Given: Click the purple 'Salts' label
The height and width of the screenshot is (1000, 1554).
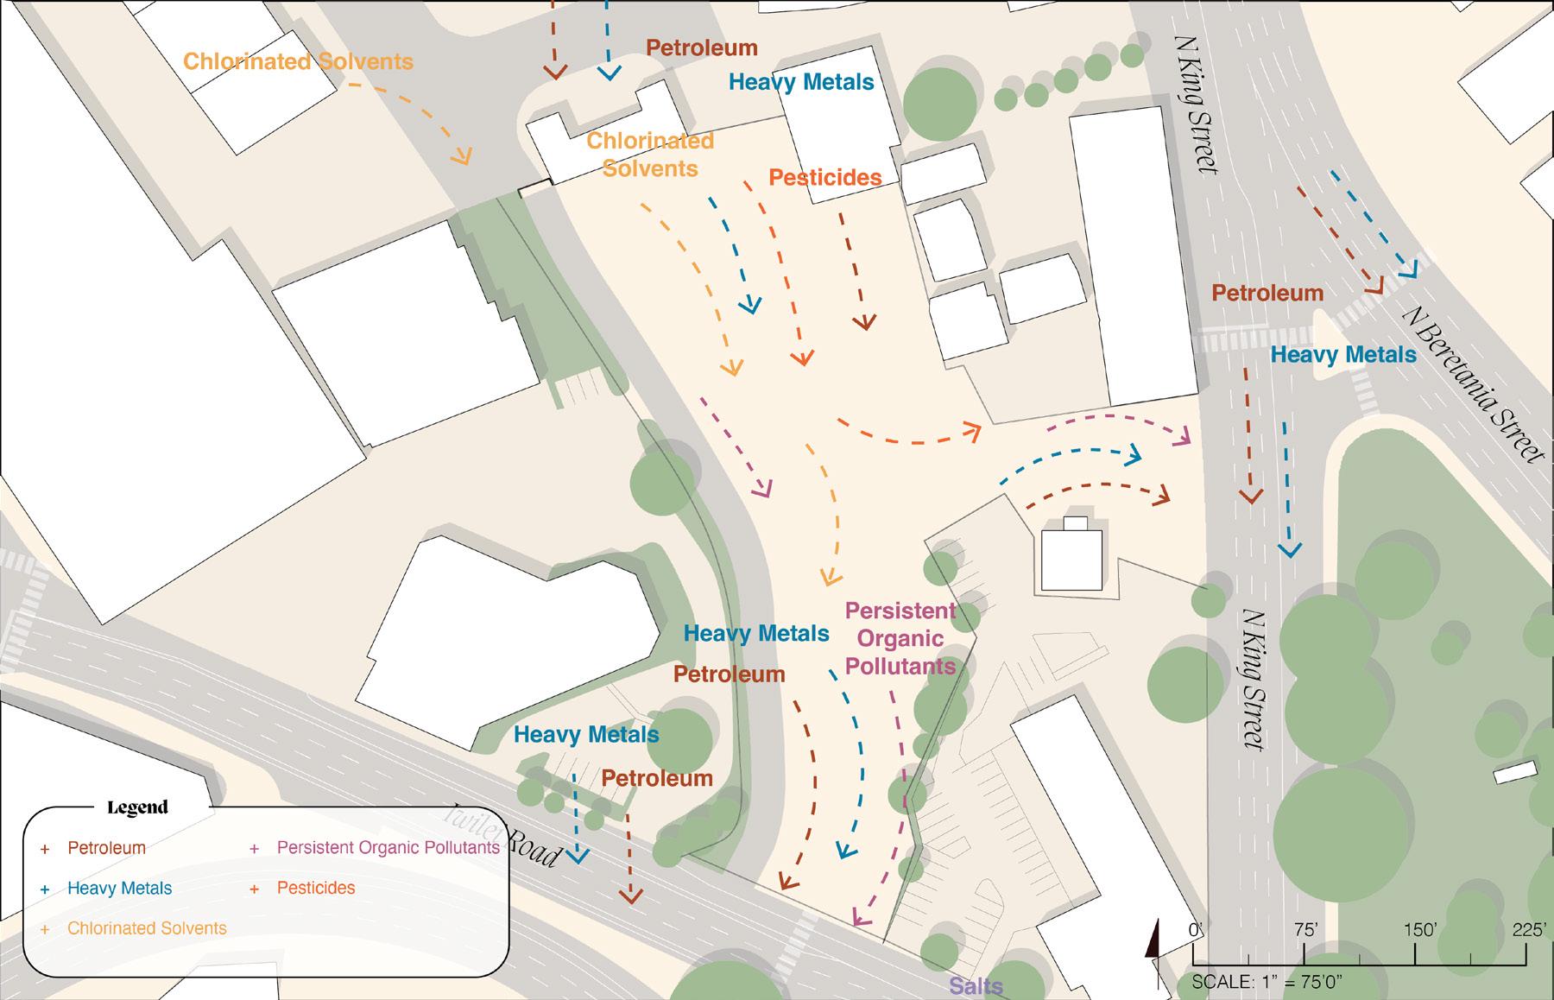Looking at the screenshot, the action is click(x=976, y=986).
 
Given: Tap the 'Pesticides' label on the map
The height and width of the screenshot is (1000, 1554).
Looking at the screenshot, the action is click(x=824, y=178).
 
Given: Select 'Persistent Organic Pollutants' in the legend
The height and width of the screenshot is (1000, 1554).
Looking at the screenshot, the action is click(x=388, y=847).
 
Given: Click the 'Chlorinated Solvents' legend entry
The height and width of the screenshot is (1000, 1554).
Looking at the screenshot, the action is click(x=147, y=928).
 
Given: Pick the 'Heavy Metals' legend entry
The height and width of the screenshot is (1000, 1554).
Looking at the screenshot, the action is click(x=119, y=888).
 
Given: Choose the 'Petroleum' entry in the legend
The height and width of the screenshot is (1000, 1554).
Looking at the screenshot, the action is click(x=106, y=848).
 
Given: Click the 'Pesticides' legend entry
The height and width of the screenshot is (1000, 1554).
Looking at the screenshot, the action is click(x=316, y=888).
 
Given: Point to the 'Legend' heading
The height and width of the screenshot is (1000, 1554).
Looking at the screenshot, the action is click(x=137, y=808).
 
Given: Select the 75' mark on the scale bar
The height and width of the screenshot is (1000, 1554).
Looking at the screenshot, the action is click(x=1304, y=930).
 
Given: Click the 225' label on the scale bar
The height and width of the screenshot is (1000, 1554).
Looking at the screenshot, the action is click(x=1527, y=930).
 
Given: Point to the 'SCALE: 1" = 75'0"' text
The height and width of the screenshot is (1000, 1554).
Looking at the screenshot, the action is click(x=1267, y=982).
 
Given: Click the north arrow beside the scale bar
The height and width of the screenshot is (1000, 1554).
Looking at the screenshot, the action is click(x=1153, y=950).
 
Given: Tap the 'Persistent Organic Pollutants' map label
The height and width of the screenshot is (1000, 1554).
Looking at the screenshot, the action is click(x=900, y=639).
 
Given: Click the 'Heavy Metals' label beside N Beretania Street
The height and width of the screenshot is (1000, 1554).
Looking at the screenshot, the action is click(x=1343, y=355).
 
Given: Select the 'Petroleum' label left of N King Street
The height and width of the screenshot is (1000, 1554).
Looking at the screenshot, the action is click(x=1267, y=294).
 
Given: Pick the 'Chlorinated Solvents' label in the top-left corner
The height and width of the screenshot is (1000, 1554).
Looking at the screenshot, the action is click(x=298, y=62).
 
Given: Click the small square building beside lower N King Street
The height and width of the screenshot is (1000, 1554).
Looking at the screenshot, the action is click(x=1071, y=558).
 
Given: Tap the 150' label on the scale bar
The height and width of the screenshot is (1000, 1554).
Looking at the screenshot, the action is click(x=1419, y=930).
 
